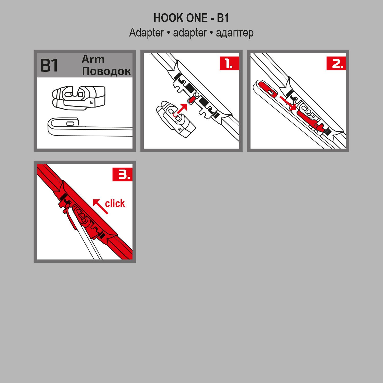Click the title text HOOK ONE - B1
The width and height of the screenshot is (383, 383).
191,18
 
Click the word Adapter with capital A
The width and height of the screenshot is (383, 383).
146,33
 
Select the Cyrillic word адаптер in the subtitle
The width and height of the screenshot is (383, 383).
235,33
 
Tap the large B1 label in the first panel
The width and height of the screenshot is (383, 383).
49,66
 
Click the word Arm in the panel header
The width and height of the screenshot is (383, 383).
93,59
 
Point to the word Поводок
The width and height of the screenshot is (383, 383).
106,71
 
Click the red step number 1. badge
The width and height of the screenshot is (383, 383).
229,63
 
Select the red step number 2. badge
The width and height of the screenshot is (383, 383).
336,63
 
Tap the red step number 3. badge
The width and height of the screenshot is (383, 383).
122,175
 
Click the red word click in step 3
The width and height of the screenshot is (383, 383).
115,204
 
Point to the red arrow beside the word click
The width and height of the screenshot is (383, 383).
100,206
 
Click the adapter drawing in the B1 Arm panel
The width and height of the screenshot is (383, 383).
79,98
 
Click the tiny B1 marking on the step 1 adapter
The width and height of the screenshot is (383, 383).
179,129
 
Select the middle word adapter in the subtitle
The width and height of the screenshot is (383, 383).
190,33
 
